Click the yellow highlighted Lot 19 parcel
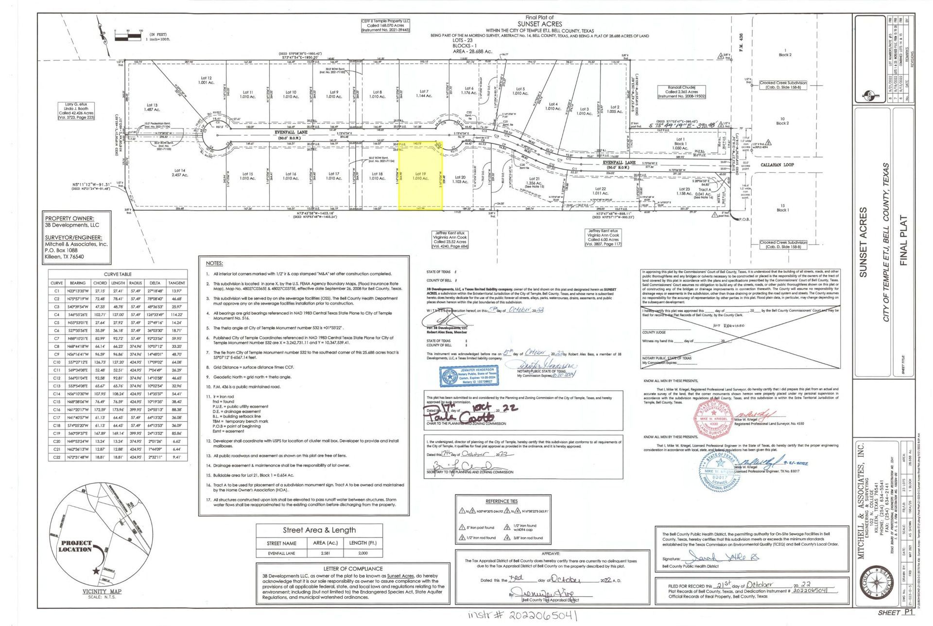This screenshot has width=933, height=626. coord(420,176)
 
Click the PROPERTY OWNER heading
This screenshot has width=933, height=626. coord(69,218)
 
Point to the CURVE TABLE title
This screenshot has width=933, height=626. coord(118,274)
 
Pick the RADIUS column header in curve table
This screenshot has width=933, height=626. coord(136,283)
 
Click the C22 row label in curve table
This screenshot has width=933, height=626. coord(56,457)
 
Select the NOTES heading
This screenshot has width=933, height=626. coord(214,263)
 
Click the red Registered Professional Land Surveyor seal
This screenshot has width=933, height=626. coord(713,419)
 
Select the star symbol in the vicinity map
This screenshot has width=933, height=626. coord(97,571)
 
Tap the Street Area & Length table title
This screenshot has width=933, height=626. coord(319,530)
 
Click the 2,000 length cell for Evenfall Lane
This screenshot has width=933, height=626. coord(363,553)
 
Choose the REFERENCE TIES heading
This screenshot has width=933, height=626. coord(501,501)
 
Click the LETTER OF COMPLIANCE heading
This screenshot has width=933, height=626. coord(353,569)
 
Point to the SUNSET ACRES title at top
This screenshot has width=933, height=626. coord(539,24)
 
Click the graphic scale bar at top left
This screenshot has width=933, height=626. coord(128,36)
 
